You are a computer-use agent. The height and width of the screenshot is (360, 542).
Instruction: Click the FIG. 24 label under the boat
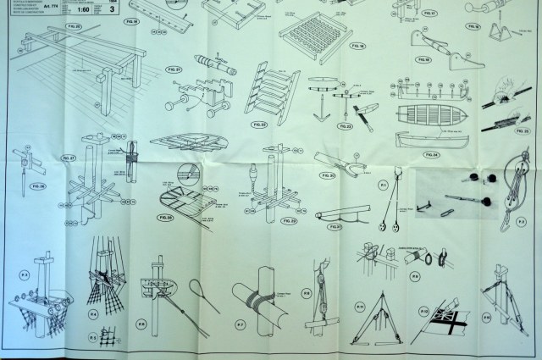pyautogui.click(x=432, y=154)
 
